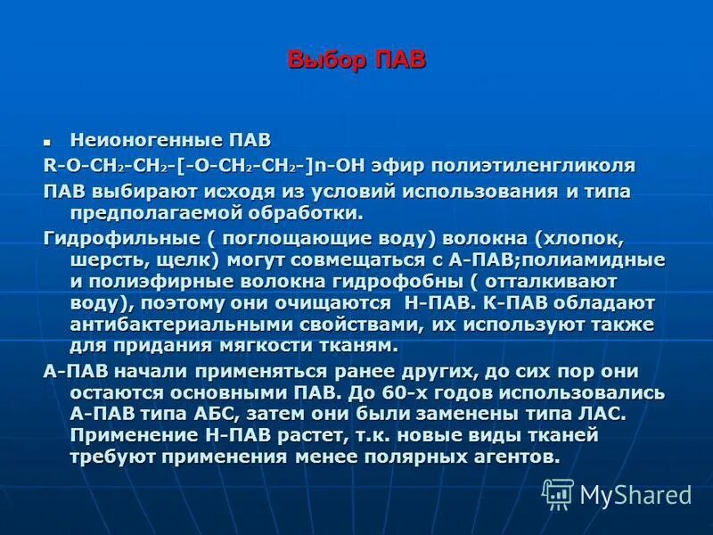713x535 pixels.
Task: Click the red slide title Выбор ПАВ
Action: point(356,62)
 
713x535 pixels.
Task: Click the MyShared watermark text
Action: point(635,494)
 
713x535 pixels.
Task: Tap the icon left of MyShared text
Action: point(558,493)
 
